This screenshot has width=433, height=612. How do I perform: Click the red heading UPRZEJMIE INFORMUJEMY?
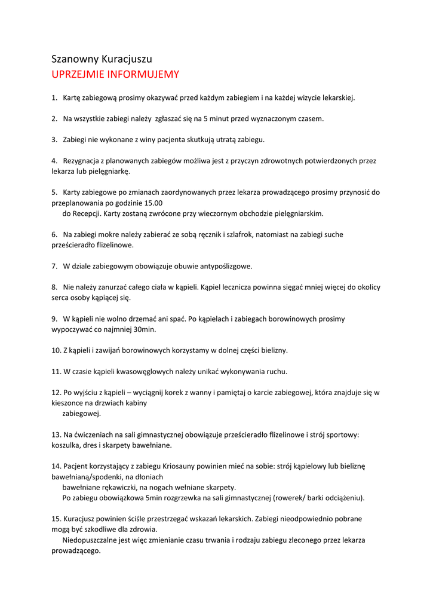coord(115,75)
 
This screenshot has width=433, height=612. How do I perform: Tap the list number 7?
coord(54,266)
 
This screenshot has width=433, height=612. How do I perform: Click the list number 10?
coord(56,350)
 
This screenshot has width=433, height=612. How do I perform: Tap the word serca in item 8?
coord(60,298)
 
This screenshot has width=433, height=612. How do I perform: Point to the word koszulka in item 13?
coord(66,445)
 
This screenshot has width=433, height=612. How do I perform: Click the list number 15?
coord(56,519)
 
